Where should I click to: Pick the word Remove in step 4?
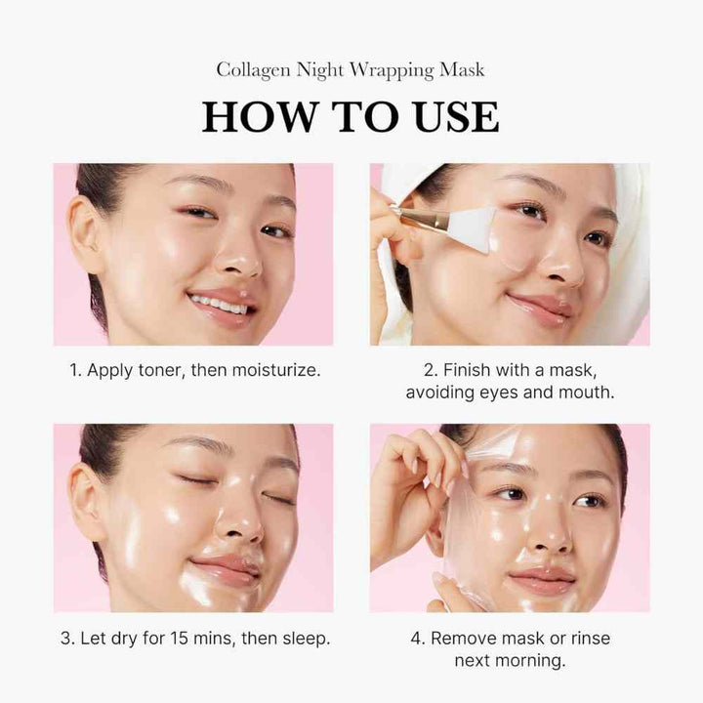point(466,640)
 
